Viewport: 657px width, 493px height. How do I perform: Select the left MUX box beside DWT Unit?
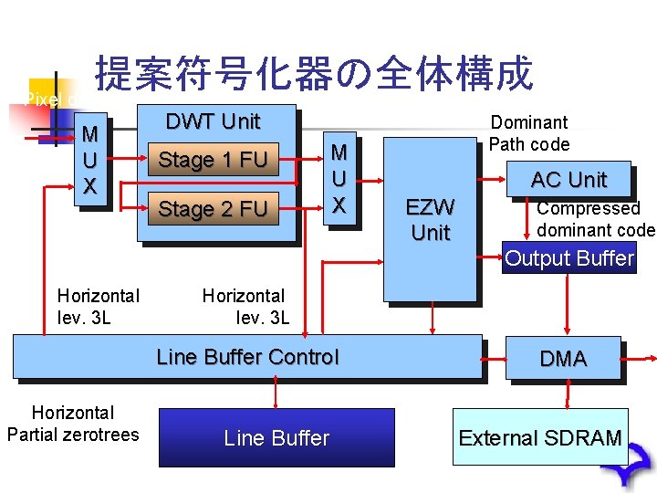point(89,161)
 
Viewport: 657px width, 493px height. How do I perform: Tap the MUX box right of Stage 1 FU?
point(339,178)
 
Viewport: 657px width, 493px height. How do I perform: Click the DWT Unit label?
point(213,121)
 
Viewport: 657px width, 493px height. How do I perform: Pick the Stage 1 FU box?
point(213,161)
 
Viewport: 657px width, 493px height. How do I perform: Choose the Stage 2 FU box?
point(213,209)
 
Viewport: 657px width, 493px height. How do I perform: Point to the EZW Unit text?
point(430,220)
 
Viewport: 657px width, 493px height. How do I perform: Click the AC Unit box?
point(568,180)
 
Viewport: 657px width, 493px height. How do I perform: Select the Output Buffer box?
point(568,258)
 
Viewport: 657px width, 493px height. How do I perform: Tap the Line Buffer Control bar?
point(247,356)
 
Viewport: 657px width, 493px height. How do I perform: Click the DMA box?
point(563,359)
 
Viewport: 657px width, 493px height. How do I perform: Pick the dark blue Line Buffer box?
point(276,437)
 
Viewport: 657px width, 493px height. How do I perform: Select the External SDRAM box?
point(539,437)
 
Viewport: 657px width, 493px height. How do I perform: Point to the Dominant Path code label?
point(529,133)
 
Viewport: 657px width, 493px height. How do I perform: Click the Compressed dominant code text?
point(595,219)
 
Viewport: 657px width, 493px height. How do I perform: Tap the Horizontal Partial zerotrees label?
point(72,424)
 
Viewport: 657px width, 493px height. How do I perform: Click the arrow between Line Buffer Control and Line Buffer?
point(276,393)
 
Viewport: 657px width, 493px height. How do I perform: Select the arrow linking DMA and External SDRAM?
point(568,393)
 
